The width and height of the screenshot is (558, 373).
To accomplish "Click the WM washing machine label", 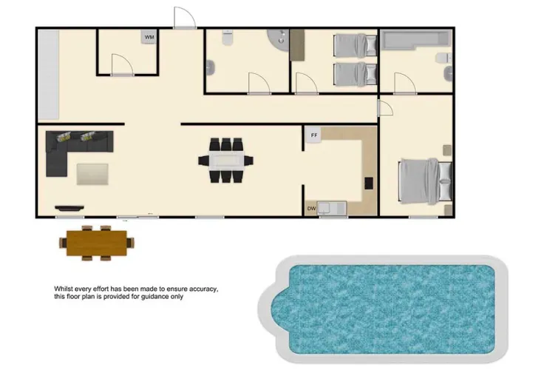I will (x=150, y=37).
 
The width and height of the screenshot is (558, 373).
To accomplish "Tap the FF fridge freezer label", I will (x=314, y=135).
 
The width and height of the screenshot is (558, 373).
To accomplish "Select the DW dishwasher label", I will (x=311, y=209).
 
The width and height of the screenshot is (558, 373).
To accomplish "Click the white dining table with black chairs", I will (x=225, y=160).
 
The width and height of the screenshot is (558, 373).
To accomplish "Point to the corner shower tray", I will (x=280, y=38).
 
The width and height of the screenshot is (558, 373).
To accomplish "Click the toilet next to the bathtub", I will (x=441, y=59).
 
